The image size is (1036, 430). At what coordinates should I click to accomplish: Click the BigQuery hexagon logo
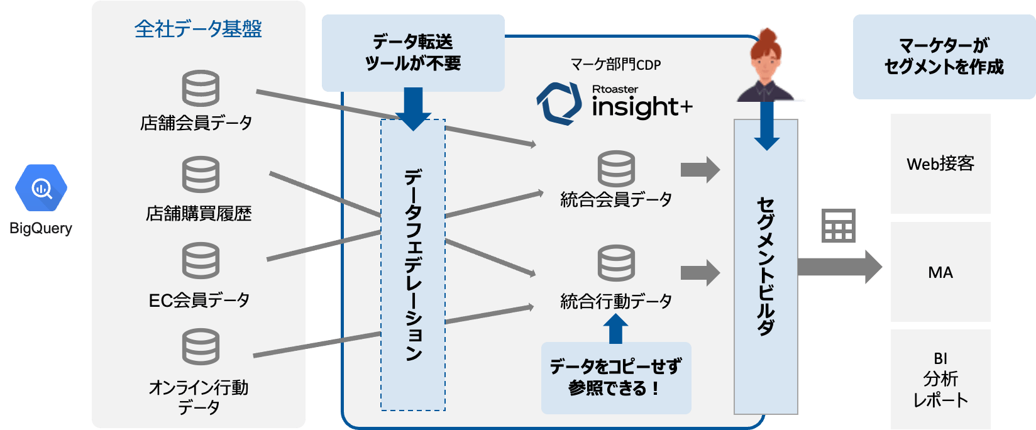[41, 187]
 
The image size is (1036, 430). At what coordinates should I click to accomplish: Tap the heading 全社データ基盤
[198, 29]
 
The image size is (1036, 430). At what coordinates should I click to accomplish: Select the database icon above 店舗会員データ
[201, 89]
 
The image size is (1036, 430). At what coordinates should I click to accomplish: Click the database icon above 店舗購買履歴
[201, 174]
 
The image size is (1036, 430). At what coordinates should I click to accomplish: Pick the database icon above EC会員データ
[201, 261]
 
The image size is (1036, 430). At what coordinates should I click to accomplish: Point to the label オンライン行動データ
[199, 397]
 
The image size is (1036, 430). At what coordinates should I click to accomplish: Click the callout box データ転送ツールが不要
[413, 53]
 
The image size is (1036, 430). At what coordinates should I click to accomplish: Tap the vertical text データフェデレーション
[413, 264]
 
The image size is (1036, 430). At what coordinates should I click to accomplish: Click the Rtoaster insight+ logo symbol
[558, 102]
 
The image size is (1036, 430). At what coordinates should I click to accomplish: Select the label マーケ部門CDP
[615, 64]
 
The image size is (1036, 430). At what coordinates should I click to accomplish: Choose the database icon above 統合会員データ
[616, 168]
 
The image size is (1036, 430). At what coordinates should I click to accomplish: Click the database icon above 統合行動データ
[616, 264]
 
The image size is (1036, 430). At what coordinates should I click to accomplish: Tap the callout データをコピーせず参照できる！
[615, 377]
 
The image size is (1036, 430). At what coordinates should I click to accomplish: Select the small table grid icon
[839, 226]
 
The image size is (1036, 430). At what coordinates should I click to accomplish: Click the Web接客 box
[940, 163]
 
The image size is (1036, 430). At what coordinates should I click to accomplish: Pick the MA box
[940, 272]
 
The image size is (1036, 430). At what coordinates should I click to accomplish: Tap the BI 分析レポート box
[940, 379]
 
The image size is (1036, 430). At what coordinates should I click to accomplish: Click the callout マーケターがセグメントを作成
[944, 56]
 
